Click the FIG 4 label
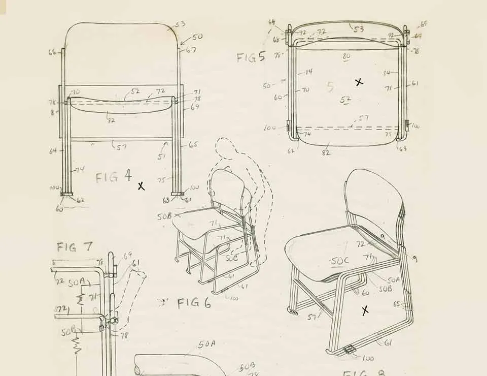tap(114, 177)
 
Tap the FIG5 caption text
tap(251, 56)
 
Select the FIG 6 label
tap(193, 303)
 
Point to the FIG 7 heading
tap(75, 247)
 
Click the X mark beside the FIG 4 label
tap(141, 186)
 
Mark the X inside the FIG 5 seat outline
tap(359, 82)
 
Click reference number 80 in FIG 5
tap(346, 56)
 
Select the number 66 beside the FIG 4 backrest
tap(52, 51)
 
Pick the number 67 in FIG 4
tap(191, 50)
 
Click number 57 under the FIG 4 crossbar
tap(122, 147)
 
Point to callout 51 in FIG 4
tap(161, 157)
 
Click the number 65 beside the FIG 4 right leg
tap(193, 144)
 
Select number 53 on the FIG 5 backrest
tap(358, 29)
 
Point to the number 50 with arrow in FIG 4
tap(197, 37)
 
